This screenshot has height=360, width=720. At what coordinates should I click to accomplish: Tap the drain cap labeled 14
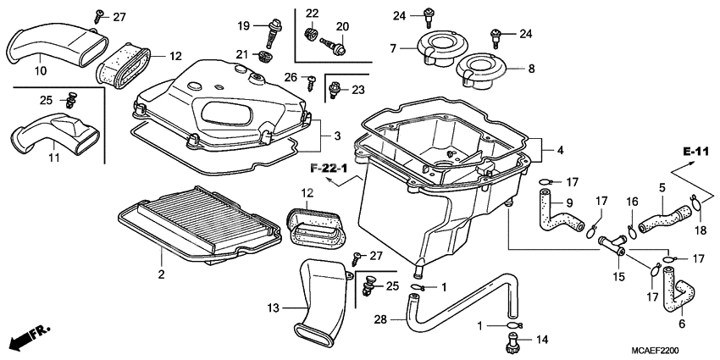(513, 343)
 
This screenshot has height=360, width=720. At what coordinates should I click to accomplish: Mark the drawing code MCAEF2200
(653, 349)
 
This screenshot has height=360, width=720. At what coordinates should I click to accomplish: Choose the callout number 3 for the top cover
(336, 136)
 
